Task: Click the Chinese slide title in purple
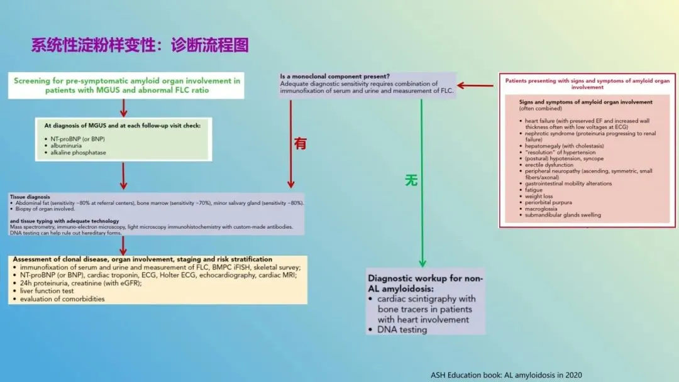[140, 45]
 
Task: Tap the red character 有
[301, 143]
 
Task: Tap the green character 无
[411, 180]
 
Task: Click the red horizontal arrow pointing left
[475, 85]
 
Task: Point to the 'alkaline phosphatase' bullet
[79, 153]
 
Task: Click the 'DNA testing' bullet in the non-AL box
[402, 329]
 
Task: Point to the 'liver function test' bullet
[47, 291]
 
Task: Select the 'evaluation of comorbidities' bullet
[62, 299]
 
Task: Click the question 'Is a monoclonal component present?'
[336, 77]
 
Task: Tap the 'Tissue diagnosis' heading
[30, 197]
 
